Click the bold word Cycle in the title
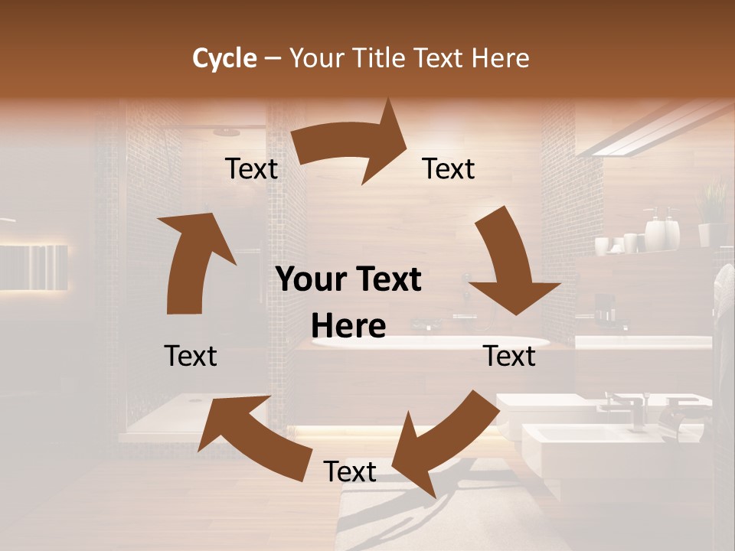coord(224,58)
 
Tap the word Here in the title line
coord(499,58)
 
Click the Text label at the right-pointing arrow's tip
coord(449,168)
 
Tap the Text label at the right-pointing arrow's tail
coord(251,168)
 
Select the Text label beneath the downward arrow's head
coord(509,356)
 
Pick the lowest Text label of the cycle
coord(350,471)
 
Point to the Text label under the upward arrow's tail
coord(191,356)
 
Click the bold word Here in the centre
coord(348,326)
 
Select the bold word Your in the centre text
coord(307,280)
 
